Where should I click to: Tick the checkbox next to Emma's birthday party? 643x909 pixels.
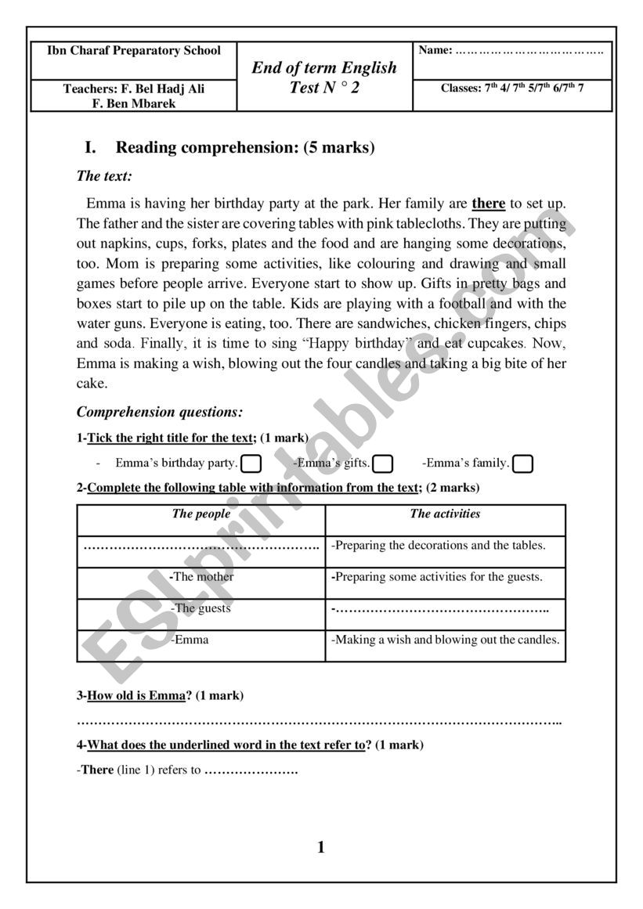click(x=251, y=464)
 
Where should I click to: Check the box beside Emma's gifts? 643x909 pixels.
click(x=382, y=464)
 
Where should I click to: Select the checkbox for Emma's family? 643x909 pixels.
click(x=522, y=464)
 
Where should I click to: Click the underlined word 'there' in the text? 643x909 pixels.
click(x=489, y=204)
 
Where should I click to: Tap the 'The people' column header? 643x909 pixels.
click(x=201, y=514)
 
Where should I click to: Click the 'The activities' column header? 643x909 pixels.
click(x=445, y=514)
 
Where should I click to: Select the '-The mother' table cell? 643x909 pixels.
click(x=201, y=577)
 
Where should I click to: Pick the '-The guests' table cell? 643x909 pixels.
click(x=201, y=608)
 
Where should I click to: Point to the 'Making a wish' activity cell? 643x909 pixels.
click(x=445, y=640)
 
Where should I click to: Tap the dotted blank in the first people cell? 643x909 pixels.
click(x=200, y=546)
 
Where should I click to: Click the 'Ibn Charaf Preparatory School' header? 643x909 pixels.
click(x=134, y=51)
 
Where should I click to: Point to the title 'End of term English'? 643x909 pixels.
click(x=324, y=68)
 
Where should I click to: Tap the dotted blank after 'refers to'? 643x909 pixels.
click(x=251, y=770)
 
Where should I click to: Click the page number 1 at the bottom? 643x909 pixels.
click(x=321, y=847)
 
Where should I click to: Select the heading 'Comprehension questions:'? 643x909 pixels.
click(x=160, y=412)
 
